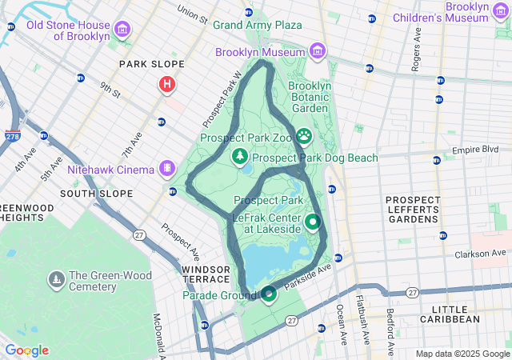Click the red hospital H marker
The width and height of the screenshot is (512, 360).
(166, 84)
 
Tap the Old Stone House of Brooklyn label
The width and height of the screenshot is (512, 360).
(67, 30)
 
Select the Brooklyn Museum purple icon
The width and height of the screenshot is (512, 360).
(318, 52)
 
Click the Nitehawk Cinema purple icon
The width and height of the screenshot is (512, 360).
(166, 169)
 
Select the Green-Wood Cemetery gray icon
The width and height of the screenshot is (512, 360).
(57, 279)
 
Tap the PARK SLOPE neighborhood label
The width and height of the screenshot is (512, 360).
(151, 64)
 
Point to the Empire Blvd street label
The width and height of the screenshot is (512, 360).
(475, 150)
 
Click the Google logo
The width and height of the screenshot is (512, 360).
(26, 350)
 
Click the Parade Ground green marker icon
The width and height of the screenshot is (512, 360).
(269, 294)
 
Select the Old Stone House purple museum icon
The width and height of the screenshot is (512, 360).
(122, 30)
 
